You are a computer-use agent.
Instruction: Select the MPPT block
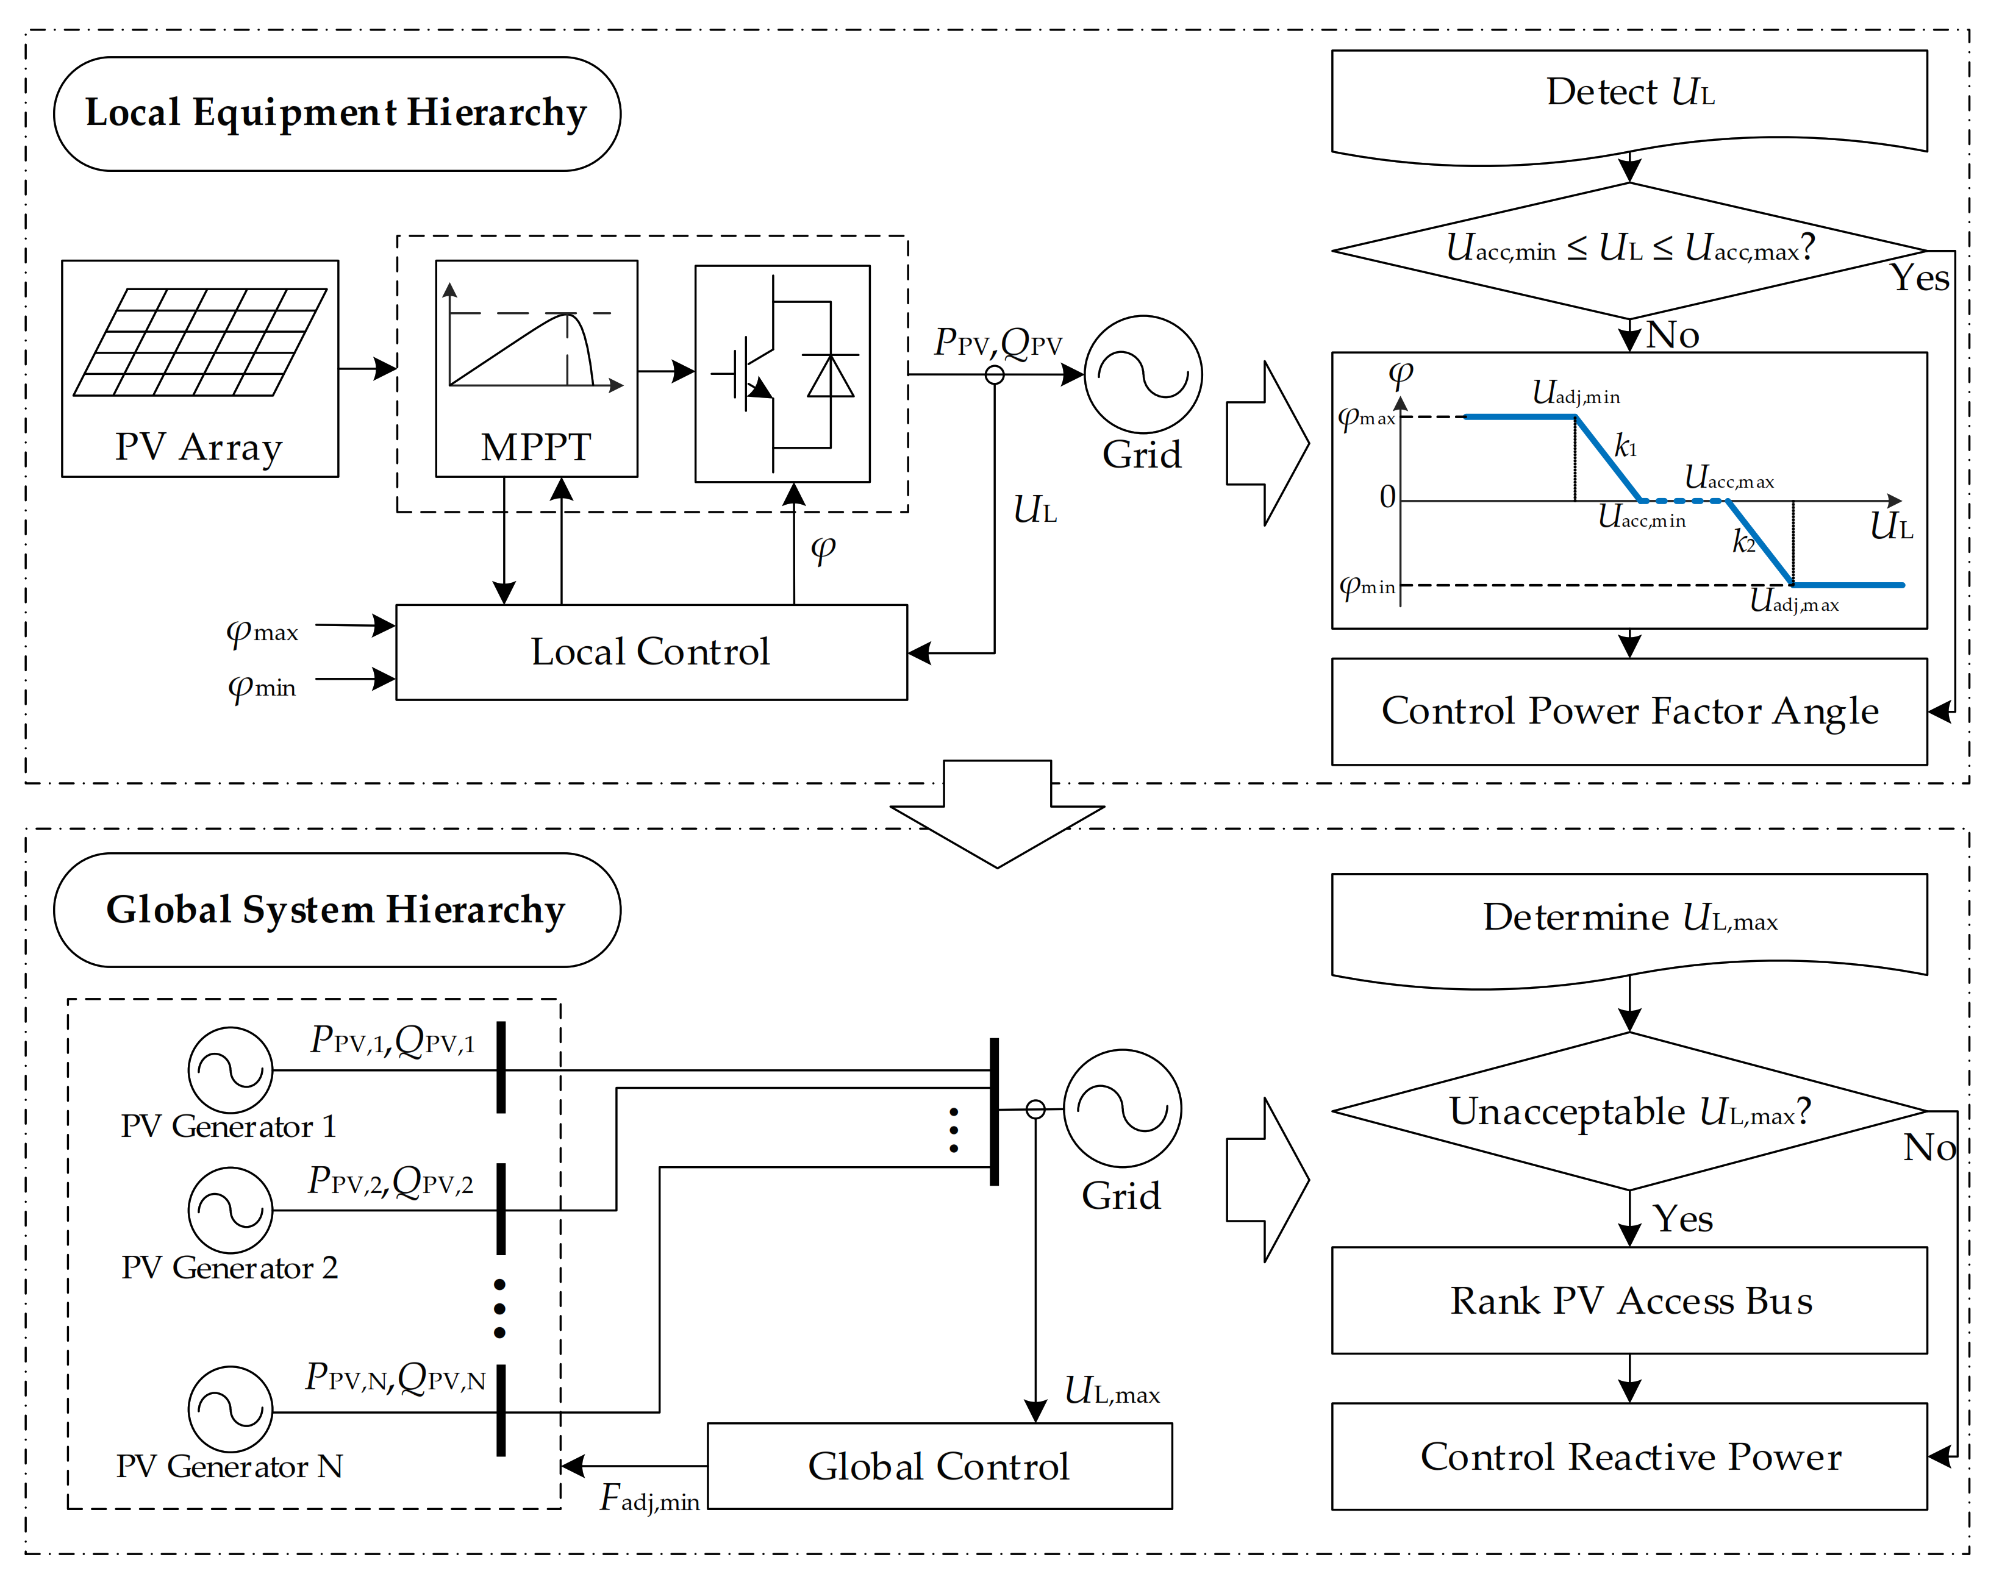537,368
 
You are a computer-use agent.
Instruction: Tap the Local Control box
651,652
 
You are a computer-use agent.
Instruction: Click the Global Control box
939,1466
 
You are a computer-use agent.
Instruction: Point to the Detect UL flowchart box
1629,98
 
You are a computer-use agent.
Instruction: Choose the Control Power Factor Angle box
1629,711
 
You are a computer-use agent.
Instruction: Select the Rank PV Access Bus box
1629,1300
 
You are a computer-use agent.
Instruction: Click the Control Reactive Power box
1629,1456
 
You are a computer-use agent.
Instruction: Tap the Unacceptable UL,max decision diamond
1629,1111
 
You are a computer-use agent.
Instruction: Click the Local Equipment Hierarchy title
336,113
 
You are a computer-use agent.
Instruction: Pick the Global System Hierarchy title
336,910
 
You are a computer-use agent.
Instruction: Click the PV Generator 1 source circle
230,1069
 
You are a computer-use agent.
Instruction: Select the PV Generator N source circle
230,1409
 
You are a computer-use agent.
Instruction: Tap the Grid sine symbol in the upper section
1143,374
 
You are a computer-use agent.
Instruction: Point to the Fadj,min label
649,1498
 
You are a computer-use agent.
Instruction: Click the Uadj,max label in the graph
1793,601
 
